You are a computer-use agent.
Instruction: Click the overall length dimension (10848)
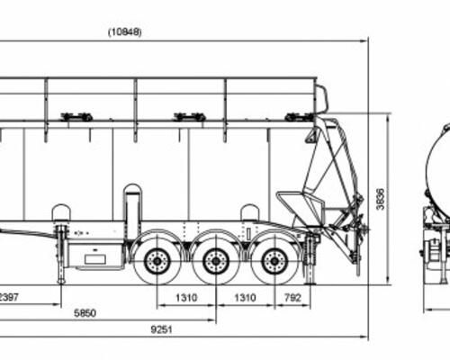click(125, 32)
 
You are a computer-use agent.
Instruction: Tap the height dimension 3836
click(381, 199)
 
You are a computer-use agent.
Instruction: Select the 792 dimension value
click(292, 298)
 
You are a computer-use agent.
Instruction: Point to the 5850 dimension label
click(85, 313)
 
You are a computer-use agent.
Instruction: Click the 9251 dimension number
click(161, 329)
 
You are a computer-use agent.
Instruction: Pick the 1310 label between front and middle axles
click(186, 298)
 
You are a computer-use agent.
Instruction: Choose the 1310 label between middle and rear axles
click(245, 298)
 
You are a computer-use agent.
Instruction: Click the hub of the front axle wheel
click(157, 261)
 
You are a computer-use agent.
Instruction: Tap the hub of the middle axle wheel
click(215, 261)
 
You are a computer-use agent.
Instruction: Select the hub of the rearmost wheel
click(274, 261)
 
